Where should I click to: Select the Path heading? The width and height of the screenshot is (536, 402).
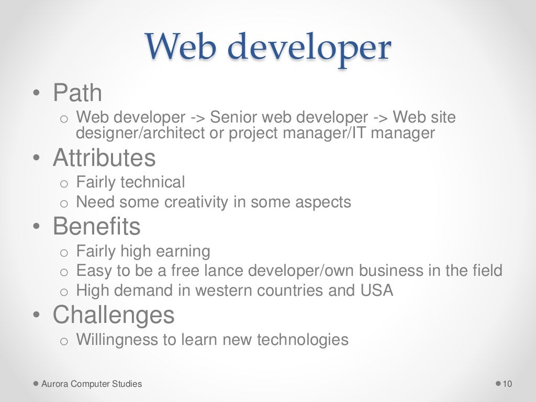pyautogui.click(x=77, y=93)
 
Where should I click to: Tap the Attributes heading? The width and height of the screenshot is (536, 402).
pyautogui.click(x=104, y=158)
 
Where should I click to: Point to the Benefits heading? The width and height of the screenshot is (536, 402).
pyautogui.click(x=97, y=227)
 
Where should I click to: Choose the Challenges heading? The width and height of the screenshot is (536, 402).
pyautogui.click(x=114, y=315)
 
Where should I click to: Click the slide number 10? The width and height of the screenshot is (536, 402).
pyautogui.click(x=507, y=384)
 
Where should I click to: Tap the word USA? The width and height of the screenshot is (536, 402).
pyautogui.click(x=376, y=291)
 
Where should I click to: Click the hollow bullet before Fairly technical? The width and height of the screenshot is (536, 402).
pyautogui.click(x=64, y=184)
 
